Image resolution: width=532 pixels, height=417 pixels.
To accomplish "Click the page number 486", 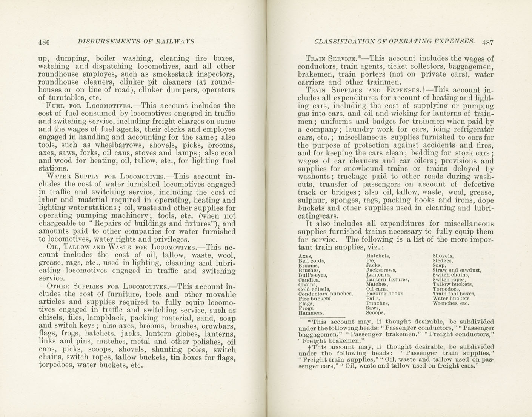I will pyautogui.click(x=44, y=42).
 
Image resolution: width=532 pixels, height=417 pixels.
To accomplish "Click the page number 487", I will pyautogui.click(x=487, y=42).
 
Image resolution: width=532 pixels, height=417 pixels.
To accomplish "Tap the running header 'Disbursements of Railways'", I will pyautogui.click(x=136, y=42).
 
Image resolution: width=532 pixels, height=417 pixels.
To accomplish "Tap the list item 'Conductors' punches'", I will pyautogui.click(x=325, y=294).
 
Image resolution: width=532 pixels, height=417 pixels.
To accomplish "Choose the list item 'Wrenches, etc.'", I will pyautogui.click(x=451, y=303).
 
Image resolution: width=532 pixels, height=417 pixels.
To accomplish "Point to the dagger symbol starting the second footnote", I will pyautogui.click(x=309, y=347).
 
